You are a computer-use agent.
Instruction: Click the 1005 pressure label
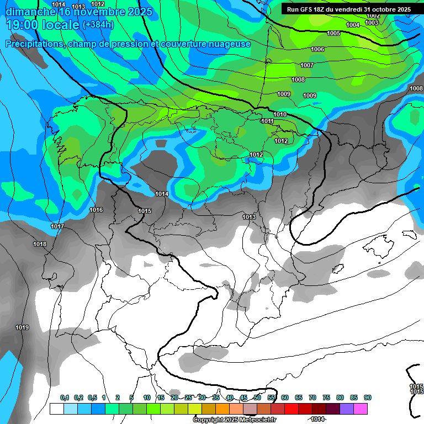pyautogui.click(x=333, y=34)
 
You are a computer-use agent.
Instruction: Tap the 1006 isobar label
pyautogui.click(x=317, y=50)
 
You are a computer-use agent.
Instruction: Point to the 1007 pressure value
pyautogui.click(x=307, y=66)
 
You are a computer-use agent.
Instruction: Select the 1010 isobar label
pyautogui.click(x=280, y=114)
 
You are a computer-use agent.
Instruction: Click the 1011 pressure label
pyautogui.click(x=268, y=121)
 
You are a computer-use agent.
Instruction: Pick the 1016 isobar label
pyautogui.click(x=96, y=210)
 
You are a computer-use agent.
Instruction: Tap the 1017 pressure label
pyautogui.click(x=57, y=227)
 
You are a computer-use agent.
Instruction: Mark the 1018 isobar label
pyautogui.click(x=40, y=244)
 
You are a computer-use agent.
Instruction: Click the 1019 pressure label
pyautogui.click(x=22, y=328)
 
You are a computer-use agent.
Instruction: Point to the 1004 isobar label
pyautogui.click(x=353, y=25)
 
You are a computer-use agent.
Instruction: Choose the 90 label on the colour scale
pyautogui.click(x=367, y=397)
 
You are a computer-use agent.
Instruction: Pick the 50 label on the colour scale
pyautogui.click(x=257, y=397)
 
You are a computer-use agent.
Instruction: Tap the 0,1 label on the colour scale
pyautogui.click(x=65, y=397)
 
